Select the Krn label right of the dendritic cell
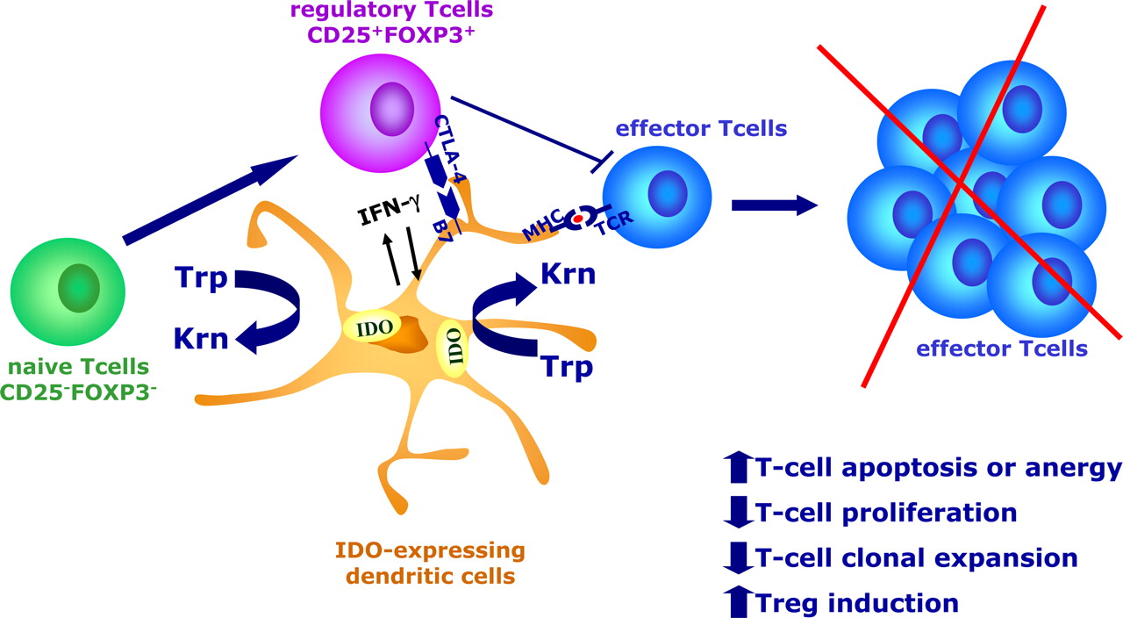[x=568, y=274]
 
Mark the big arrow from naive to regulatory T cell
[x=211, y=199]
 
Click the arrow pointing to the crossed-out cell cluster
[x=774, y=205]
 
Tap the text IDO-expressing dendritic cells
[x=429, y=564]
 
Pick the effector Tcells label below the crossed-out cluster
[x=1001, y=349]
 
